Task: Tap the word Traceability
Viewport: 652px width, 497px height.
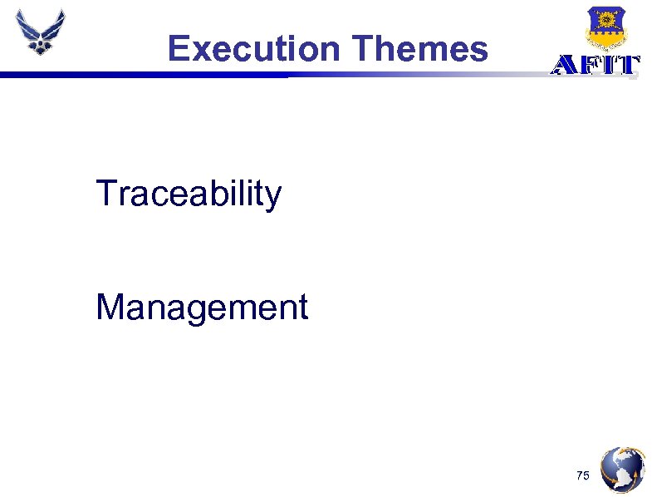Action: (189, 194)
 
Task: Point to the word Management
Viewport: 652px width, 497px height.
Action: (202, 308)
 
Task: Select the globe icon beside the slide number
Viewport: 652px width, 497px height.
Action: (622, 470)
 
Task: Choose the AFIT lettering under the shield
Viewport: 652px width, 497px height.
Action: (596, 66)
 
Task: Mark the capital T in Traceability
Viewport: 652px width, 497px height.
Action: (105, 194)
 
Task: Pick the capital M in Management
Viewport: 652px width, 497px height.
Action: (109, 307)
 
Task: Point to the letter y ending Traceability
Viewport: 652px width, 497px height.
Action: (274, 198)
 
